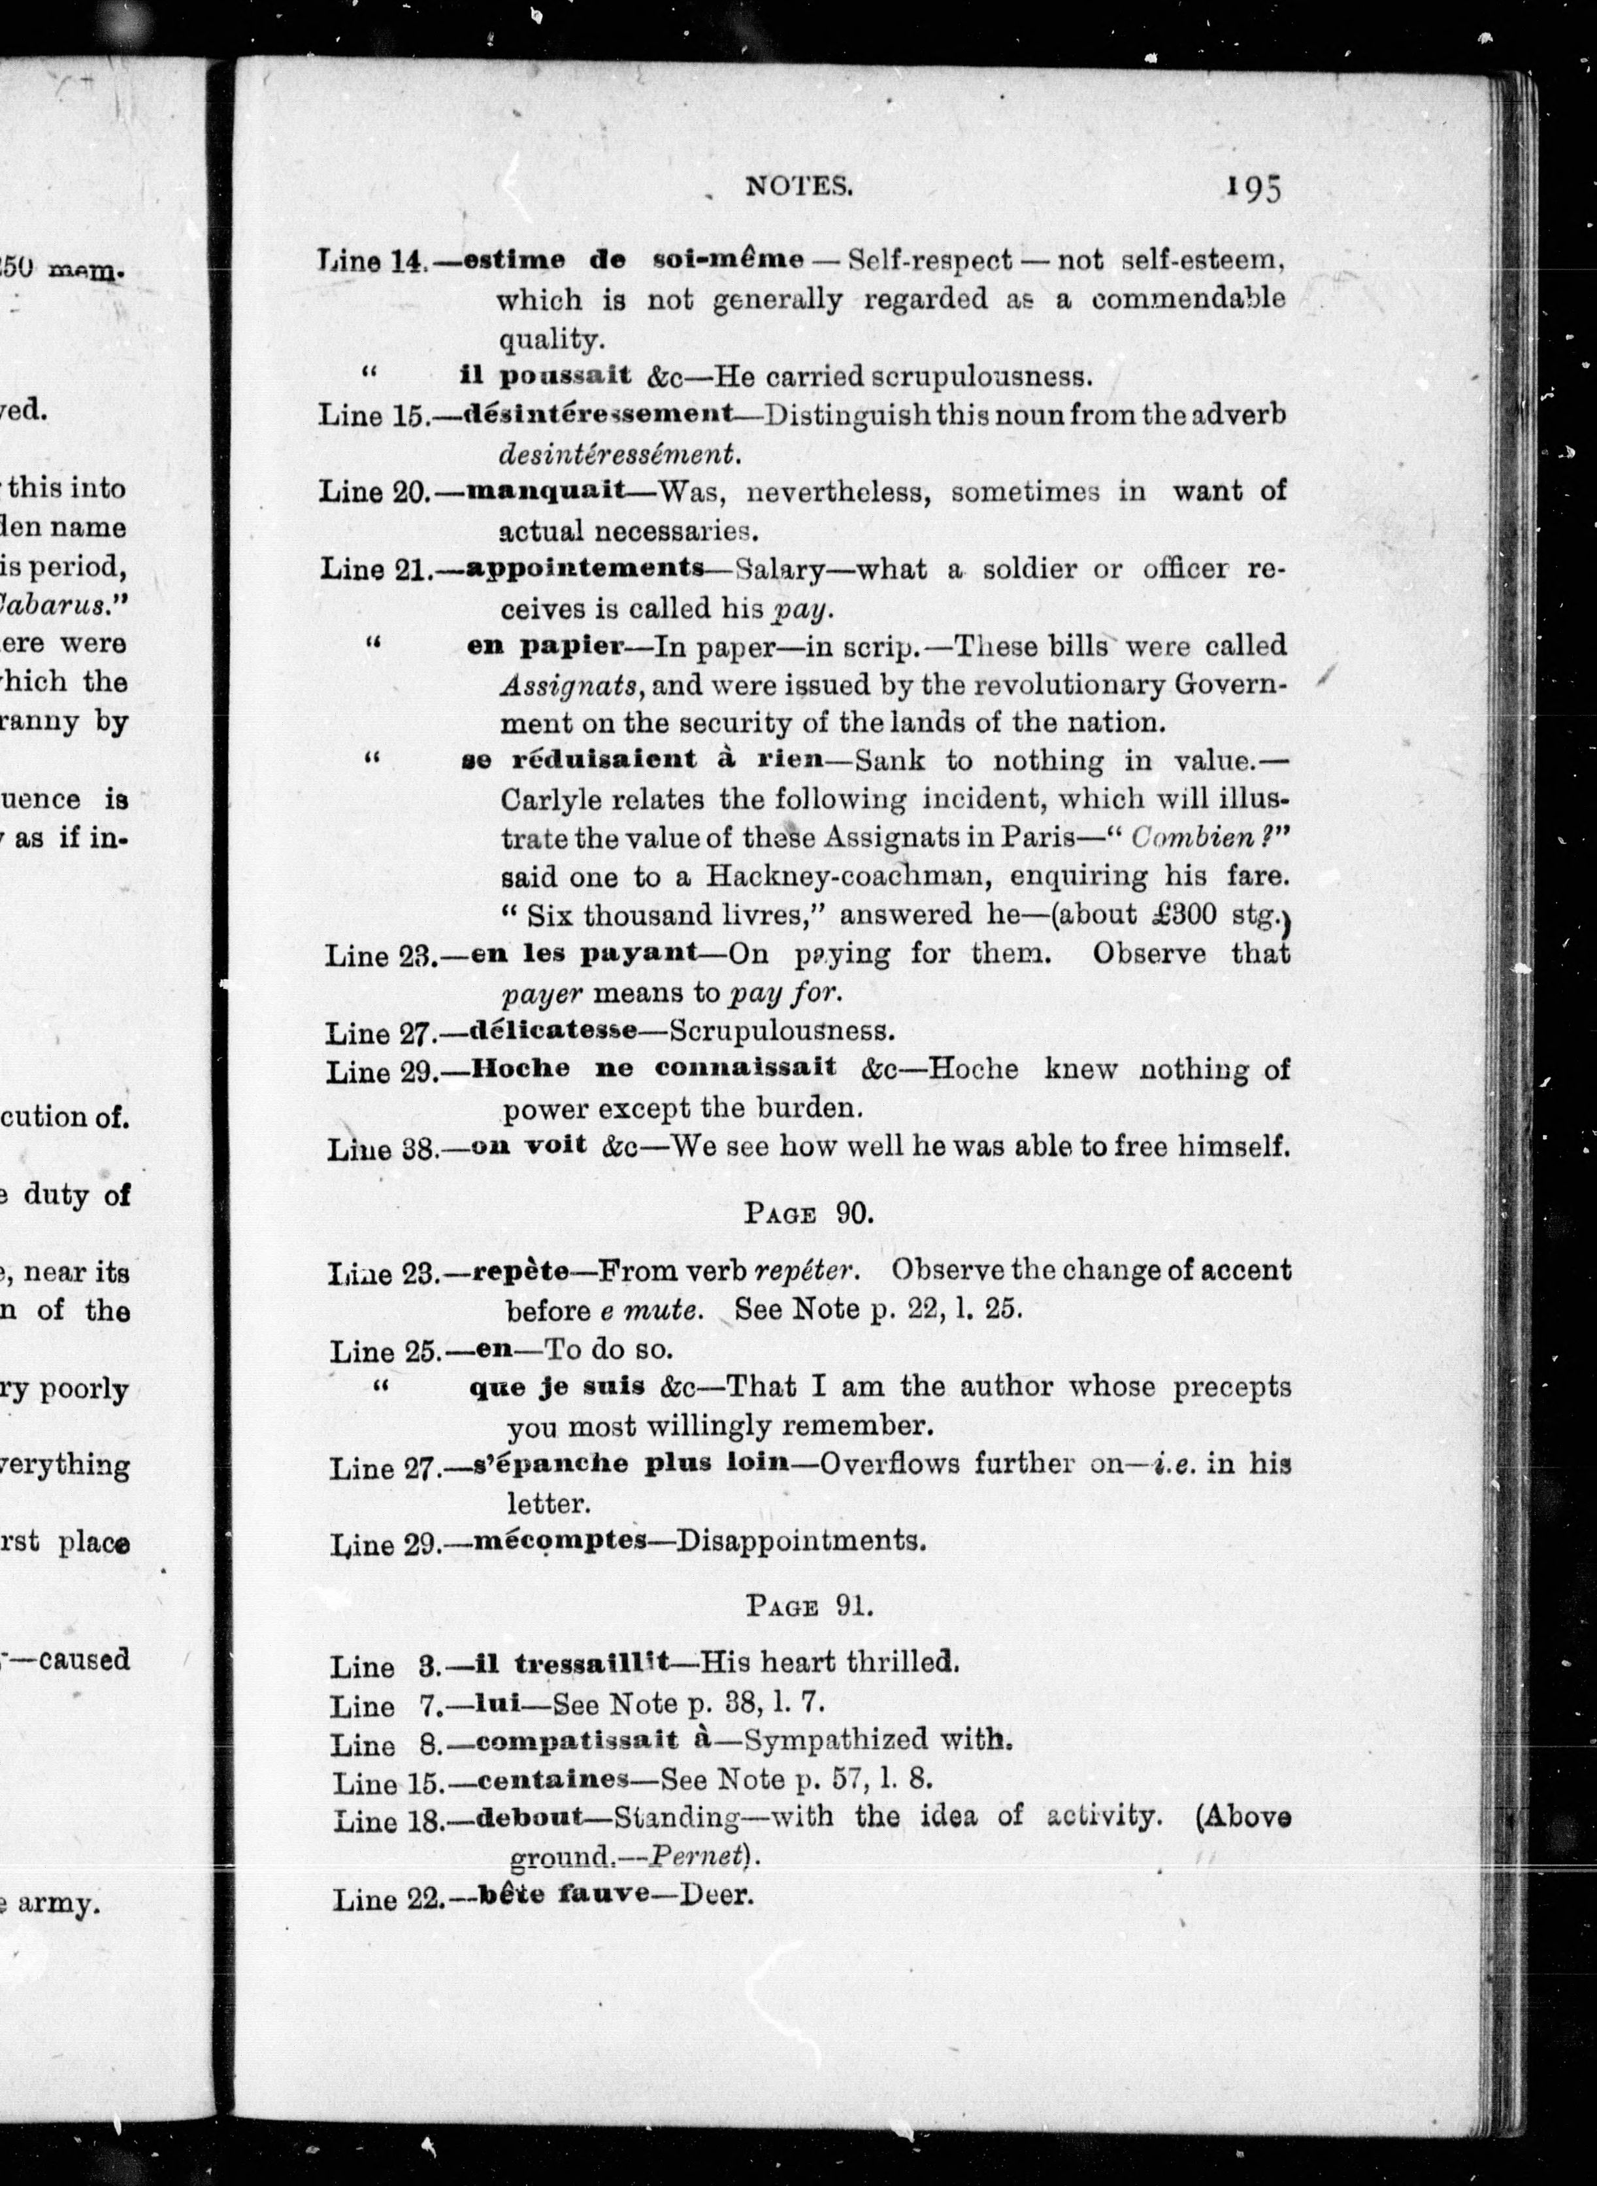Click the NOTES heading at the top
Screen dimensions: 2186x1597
[x=798, y=186]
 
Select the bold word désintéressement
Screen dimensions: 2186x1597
[x=599, y=414]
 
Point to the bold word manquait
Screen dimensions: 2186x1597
[x=546, y=490]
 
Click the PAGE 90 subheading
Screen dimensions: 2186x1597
[x=808, y=1213]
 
